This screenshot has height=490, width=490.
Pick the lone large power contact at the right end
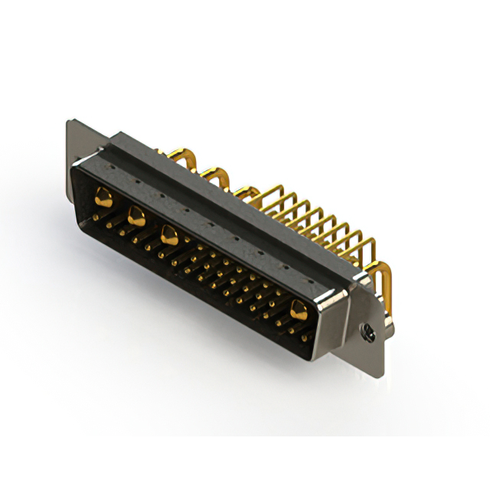[298, 309]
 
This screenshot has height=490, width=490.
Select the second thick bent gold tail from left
[217, 175]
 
